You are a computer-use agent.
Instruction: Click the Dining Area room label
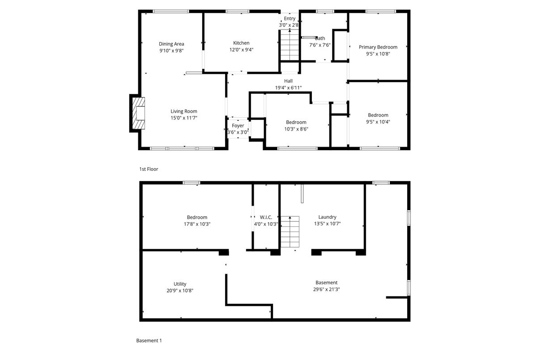click(x=171, y=44)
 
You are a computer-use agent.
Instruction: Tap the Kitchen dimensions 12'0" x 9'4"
click(x=241, y=50)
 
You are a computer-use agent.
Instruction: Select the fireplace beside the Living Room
click(x=139, y=113)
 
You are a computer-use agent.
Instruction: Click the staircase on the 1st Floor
click(x=290, y=45)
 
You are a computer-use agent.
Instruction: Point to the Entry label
click(x=290, y=18)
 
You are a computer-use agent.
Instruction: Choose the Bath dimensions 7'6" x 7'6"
click(x=320, y=45)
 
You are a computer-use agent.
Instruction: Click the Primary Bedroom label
click(x=378, y=47)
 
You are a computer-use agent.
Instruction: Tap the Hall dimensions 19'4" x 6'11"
click(x=288, y=88)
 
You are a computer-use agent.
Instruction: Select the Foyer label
click(x=238, y=126)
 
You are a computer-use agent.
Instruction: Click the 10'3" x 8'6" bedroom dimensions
click(x=296, y=129)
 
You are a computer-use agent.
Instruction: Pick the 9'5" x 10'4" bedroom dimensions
click(x=378, y=122)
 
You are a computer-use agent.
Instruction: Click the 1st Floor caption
click(x=149, y=169)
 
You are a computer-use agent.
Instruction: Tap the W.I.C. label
click(x=266, y=217)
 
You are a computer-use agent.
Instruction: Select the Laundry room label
click(x=327, y=217)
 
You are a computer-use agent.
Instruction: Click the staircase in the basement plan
click(x=290, y=232)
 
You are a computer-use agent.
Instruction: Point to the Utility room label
click(x=180, y=284)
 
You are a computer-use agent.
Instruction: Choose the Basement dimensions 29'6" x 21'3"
click(x=327, y=289)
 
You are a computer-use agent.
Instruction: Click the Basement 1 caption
click(x=149, y=341)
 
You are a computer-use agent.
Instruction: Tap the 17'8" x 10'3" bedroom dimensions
click(x=197, y=224)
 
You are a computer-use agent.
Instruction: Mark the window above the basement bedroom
click(x=192, y=183)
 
